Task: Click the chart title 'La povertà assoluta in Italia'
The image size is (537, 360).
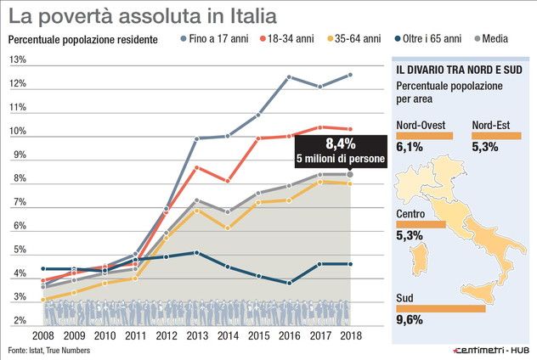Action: pyautogui.click(x=143, y=16)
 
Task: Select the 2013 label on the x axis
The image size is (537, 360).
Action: pyautogui.click(x=197, y=335)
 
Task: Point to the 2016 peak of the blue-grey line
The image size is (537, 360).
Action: pyautogui.click(x=289, y=77)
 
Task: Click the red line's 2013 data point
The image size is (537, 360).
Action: pyautogui.click(x=197, y=167)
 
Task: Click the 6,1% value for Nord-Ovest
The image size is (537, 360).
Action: pyautogui.click(x=410, y=146)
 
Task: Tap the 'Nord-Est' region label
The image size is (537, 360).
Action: pyautogui.click(x=491, y=126)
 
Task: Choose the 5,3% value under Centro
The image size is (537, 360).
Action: pyautogui.click(x=410, y=235)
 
